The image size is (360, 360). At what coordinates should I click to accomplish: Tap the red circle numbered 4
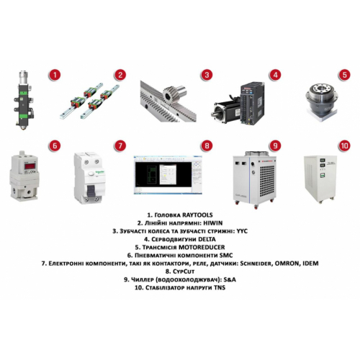pyautogui.click(x=274, y=74)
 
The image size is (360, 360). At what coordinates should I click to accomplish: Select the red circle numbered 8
pyautogui.click(x=207, y=145)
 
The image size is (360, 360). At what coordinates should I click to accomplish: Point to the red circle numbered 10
pyautogui.click(x=344, y=145)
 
